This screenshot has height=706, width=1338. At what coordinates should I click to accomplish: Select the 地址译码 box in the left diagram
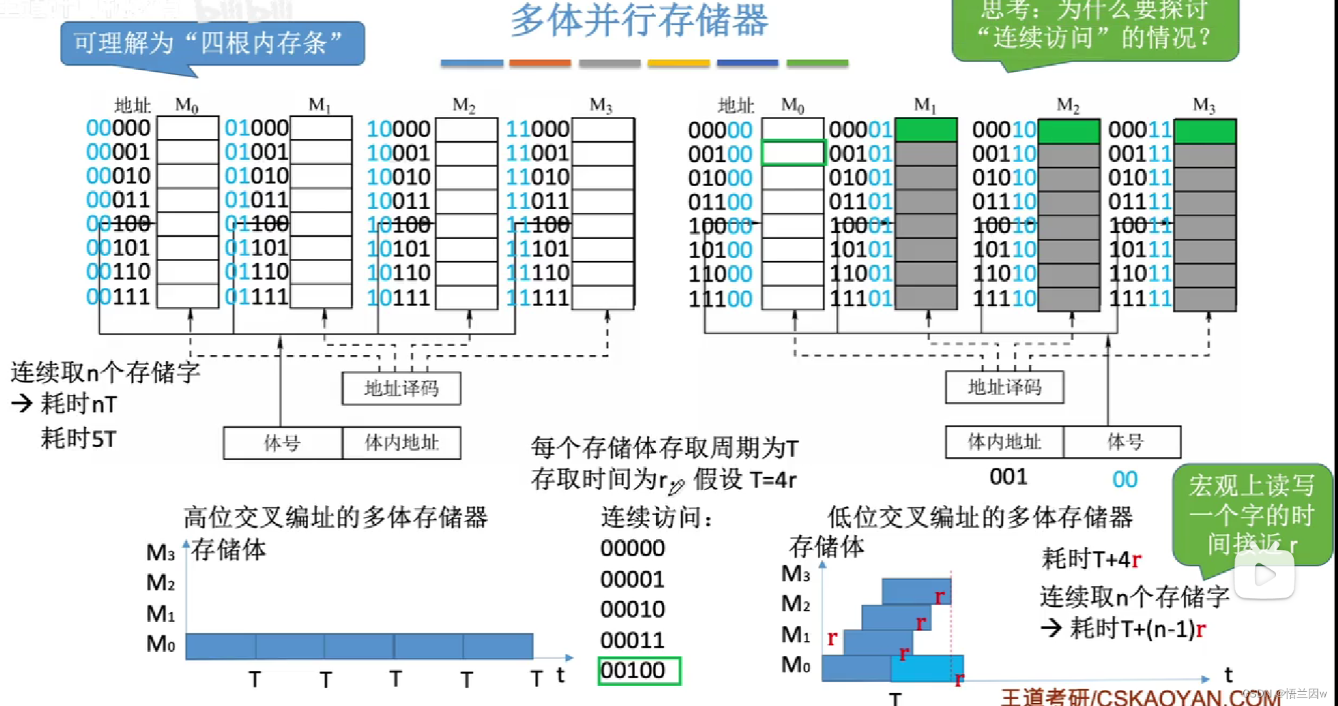401,389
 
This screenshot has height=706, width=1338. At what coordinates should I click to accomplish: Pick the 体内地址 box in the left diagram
402,443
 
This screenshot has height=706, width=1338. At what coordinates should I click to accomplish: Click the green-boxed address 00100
639,671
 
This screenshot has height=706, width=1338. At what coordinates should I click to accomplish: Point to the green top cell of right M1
926,130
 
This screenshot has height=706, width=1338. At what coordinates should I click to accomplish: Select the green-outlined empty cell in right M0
793,153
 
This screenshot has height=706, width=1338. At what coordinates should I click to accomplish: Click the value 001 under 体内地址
1008,476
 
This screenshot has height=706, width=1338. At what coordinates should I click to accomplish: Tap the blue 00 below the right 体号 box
1125,479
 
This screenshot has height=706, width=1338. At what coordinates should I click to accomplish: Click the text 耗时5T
78,439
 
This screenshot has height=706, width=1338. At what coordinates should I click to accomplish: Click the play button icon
1264,574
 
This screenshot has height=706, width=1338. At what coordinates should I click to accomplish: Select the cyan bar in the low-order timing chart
927,667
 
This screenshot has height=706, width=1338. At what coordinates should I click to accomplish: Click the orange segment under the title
540,63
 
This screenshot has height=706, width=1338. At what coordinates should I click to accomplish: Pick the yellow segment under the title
678,63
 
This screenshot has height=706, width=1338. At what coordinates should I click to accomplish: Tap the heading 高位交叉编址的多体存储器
335,517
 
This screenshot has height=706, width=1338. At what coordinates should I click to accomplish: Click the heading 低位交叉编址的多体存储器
979,517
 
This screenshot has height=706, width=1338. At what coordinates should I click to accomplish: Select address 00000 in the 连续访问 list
633,548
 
